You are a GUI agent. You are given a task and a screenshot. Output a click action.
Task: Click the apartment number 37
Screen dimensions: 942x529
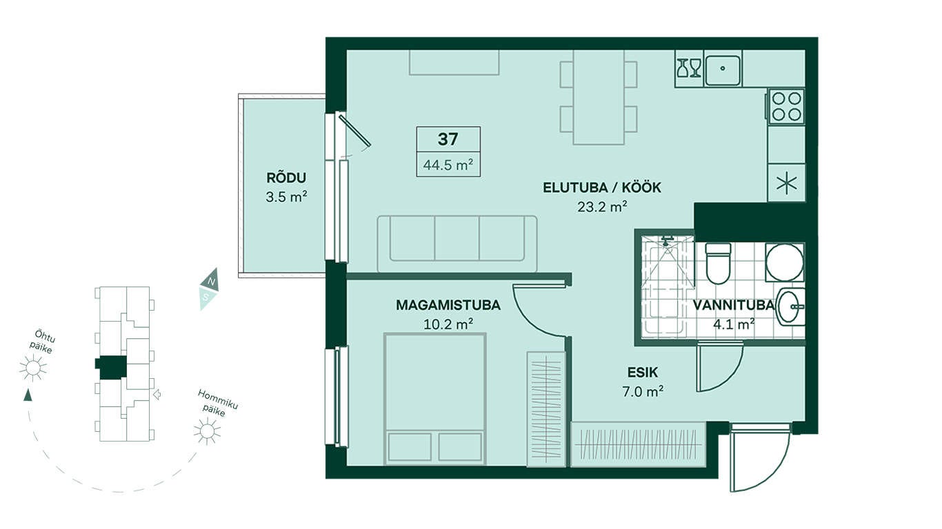(448, 139)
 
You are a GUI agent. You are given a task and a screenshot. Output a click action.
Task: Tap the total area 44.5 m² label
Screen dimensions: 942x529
(448, 165)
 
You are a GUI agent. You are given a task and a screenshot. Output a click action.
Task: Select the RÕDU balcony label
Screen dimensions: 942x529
(286, 178)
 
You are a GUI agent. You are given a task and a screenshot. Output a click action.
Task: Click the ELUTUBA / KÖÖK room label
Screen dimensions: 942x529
(602, 187)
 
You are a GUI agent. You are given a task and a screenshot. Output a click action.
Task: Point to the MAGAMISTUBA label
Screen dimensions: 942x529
(448, 305)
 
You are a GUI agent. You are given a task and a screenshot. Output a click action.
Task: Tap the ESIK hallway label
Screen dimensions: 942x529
(643, 372)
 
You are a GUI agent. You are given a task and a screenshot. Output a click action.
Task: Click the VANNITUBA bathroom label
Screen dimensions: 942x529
(734, 305)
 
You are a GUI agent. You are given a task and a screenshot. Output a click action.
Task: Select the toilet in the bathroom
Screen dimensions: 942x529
(718, 263)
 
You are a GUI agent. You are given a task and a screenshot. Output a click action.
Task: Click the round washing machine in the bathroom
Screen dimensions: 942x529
(785, 262)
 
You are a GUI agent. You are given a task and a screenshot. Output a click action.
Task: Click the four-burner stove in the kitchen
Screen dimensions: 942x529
(786, 106)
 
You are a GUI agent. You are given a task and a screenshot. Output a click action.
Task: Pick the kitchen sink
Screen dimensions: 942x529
(723, 69)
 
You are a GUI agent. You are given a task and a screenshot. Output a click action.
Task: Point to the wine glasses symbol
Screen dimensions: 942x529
(689, 68)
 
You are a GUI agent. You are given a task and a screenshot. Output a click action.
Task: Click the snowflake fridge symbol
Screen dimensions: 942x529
(786, 184)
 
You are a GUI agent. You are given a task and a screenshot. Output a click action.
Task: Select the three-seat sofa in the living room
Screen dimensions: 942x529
(457, 244)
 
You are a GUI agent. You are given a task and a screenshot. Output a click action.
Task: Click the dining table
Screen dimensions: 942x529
(599, 97)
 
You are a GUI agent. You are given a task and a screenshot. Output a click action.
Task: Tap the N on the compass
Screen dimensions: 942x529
(211, 280)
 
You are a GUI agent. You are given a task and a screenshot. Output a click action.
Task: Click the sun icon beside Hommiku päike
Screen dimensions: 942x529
(207, 431)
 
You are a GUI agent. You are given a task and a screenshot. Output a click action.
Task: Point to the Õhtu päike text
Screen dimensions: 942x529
(43, 342)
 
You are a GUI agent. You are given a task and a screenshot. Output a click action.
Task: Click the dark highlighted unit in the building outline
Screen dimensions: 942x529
(111, 367)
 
